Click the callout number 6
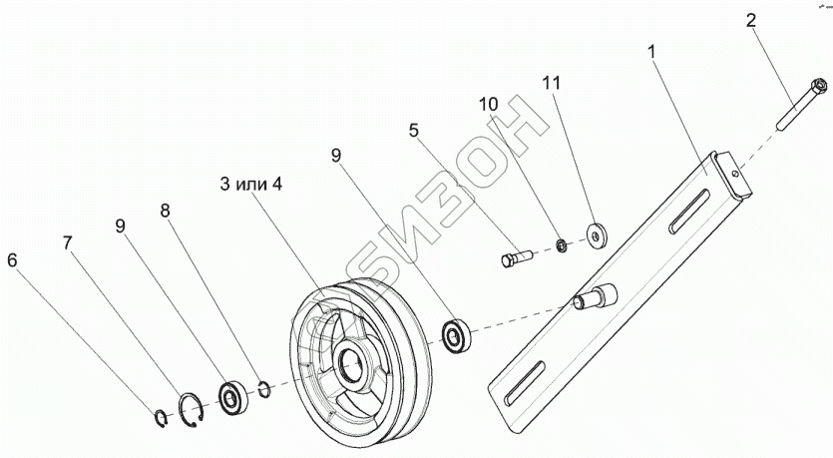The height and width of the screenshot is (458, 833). tap(12, 261)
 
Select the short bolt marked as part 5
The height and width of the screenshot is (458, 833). tap(517, 258)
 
